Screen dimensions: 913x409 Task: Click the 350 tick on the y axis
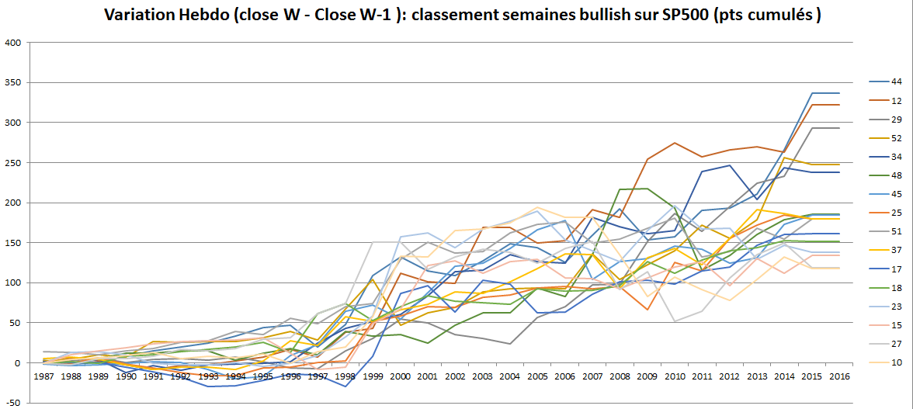12,82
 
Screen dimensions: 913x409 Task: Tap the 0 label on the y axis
17,363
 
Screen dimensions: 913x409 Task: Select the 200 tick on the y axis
12,203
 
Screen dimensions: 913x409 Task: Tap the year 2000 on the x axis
398,377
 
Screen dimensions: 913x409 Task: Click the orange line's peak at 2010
673,143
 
